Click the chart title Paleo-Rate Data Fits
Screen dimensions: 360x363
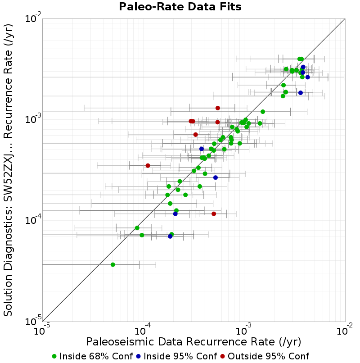(180, 6)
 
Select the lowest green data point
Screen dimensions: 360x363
(112, 265)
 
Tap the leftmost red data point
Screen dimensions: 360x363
(148, 166)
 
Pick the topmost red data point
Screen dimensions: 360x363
(218, 108)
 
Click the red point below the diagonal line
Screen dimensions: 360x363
(214, 213)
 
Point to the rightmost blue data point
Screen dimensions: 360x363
(307, 77)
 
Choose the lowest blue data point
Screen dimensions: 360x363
(170, 236)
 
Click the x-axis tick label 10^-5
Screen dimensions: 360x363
(42, 330)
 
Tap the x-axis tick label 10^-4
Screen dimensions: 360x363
(143, 330)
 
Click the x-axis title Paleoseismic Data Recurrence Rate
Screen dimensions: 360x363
(180, 342)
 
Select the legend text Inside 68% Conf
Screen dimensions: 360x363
(96, 356)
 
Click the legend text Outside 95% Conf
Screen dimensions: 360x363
(268, 356)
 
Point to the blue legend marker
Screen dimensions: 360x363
(138, 357)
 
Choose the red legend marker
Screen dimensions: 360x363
(223, 357)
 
